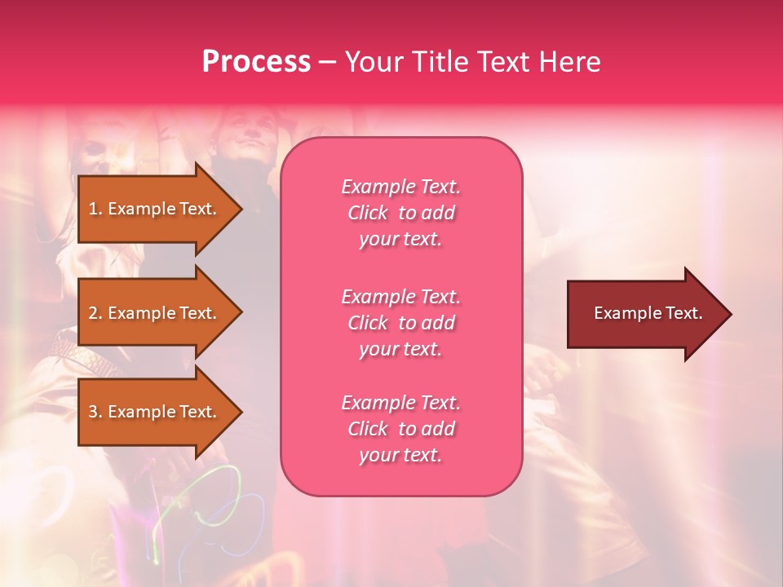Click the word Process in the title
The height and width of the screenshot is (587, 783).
click(x=256, y=62)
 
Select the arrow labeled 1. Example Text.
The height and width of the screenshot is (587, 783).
click(x=155, y=209)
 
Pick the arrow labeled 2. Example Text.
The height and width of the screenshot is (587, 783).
click(x=155, y=313)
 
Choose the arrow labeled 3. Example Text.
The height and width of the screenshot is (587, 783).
click(x=155, y=412)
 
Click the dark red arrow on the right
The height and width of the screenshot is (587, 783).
click(x=644, y=314)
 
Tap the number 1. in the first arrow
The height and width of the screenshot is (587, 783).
click(x=95, y=209)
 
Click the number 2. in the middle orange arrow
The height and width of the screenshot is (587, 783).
click(x=95, y=313)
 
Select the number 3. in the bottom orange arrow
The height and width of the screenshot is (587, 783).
click(x=95, y=412)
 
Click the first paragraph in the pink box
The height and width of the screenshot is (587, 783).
click(x=400, y=213)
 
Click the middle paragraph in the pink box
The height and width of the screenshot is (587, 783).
click(x=400, y=323)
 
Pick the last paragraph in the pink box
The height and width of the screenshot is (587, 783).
click(x=400, y=429)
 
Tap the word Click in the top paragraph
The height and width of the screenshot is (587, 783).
click(x=368, y=213)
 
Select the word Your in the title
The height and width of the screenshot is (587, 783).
click(x=374, y=62)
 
